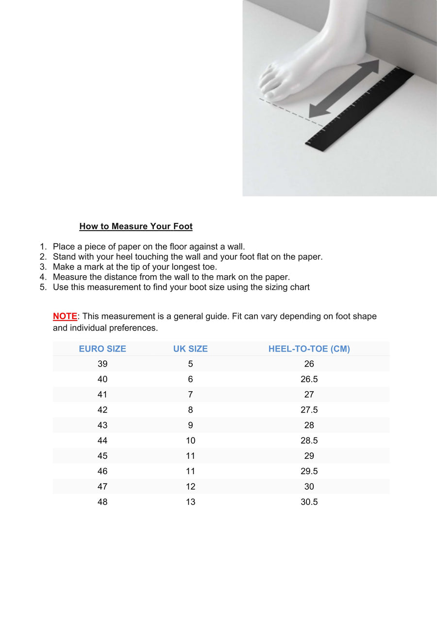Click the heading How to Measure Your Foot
pyautogui.click(x=136, y=226)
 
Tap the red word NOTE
pyautogui.click(x=65, y=316)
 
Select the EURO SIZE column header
pyautogui.click(x=102, y=349)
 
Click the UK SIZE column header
pyautogui.click(x=190, y=349)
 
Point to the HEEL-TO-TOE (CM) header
pyautogui.click(x=309, y=349)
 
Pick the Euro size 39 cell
pyautogui.click(x=102, y=364)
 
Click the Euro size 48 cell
pyautogui.click(x=102, y=501)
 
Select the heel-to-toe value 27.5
pyautogui.click(x=309, y=410)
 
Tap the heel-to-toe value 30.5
pyautogui.click(x=309, y=501)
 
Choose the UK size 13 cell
pyautogui.click(x=190, y=501)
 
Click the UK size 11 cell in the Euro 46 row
pyautogui.click(x=190, y=471)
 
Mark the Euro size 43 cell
pyautogui.click(x=102, y=425)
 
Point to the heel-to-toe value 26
pyautogui.click(x=309, y=364)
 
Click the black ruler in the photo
pyautogui.click(x=359, y=109)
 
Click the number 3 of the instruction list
pyautogui.click(x=43, y=267)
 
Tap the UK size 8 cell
pyautogui.click(x=190, y=410)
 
